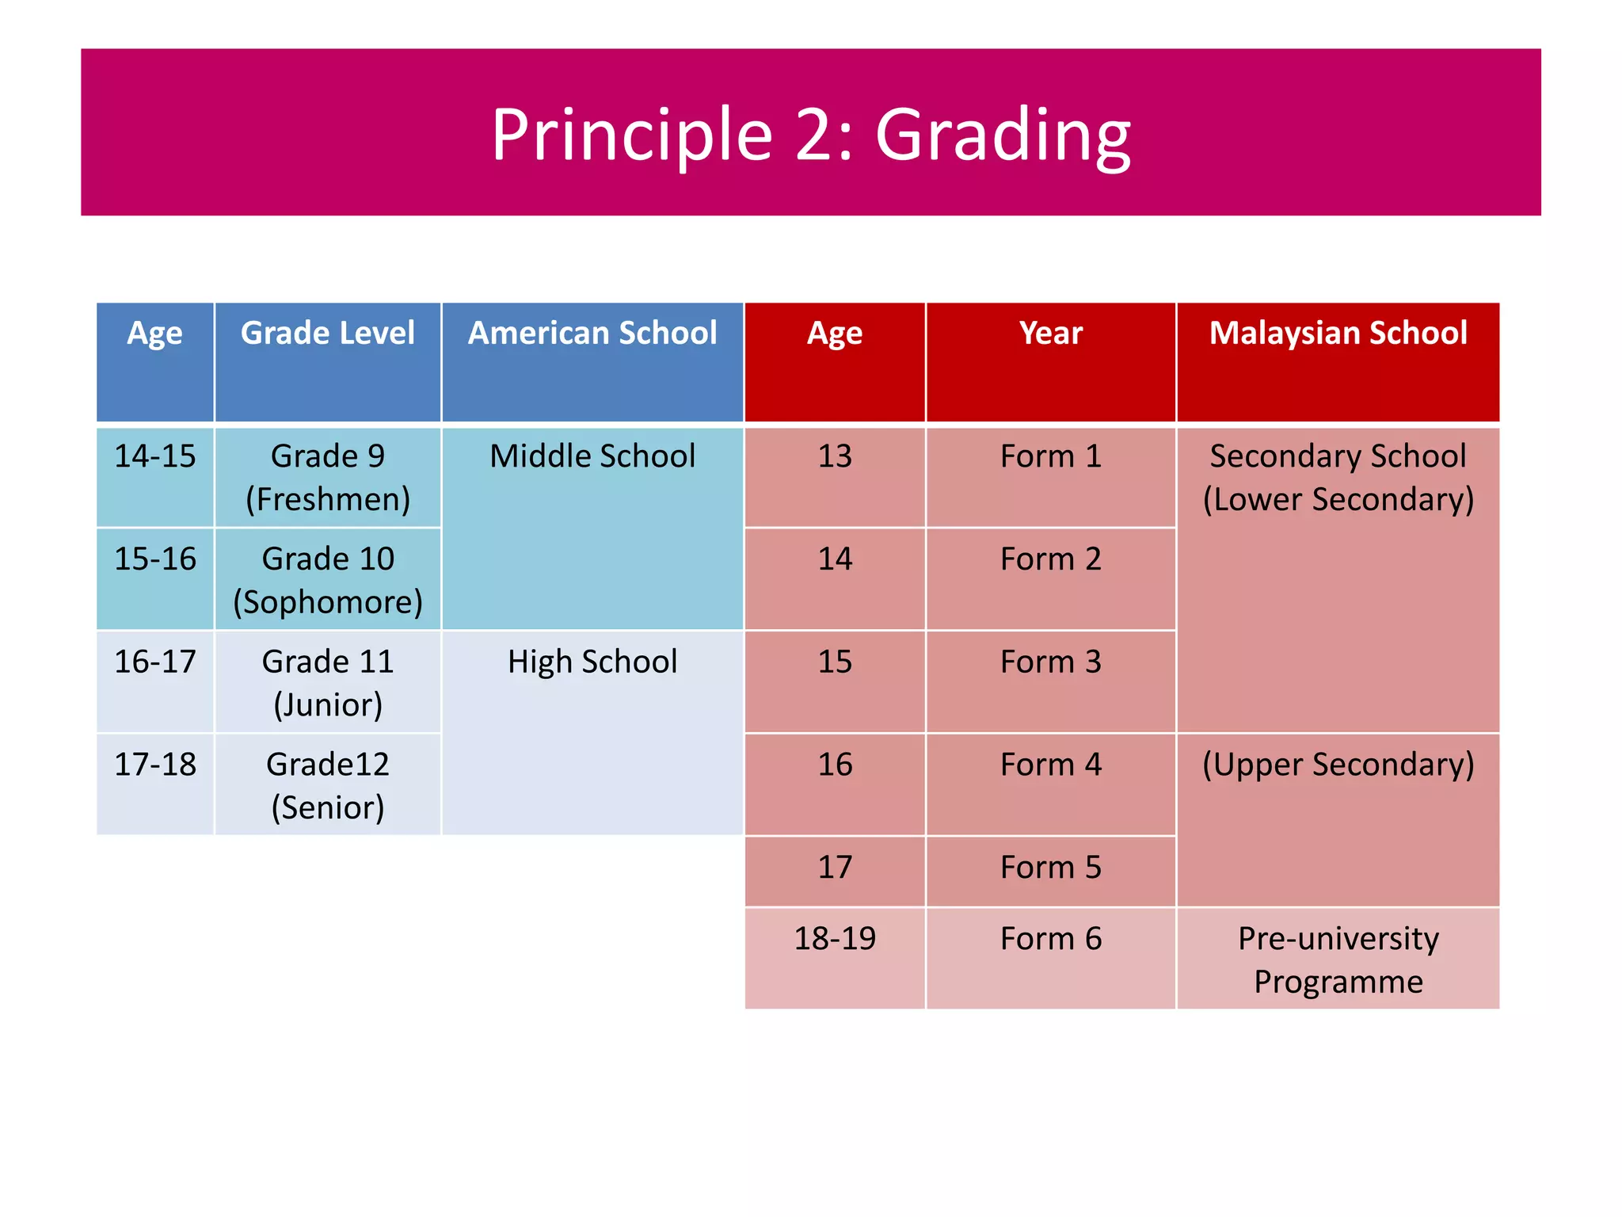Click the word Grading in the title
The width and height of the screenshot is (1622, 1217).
(x=1003, y=135)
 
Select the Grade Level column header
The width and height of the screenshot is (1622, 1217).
(x=327, y=334)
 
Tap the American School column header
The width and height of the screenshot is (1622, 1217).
(x=592, y=334)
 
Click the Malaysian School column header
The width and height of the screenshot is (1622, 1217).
(x=1338, y=334)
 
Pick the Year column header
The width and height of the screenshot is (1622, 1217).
(x=1050, y=334)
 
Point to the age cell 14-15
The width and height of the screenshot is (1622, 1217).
(x=155, y=456)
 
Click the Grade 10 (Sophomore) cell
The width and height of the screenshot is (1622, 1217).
(x=327, y=580)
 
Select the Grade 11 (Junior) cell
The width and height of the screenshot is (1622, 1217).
(x=327, y=682)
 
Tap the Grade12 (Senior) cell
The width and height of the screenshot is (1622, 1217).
(x=327, y=785)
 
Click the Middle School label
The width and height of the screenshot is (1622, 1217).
(x=592, y=456)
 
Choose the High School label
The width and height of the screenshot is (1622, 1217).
(x=592, y=662)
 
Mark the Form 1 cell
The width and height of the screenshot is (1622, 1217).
(x=1050, y=456)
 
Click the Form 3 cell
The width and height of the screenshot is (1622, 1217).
(x=1050, y=662)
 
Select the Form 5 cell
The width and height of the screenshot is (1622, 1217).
(x=1050, y=868)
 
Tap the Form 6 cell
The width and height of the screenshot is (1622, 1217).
(x=1050, y=939)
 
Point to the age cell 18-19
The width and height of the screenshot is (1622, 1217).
(x=835, y=939)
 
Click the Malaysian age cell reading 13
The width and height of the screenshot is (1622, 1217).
(x=835, y=456)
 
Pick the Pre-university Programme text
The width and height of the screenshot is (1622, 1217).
(x=1338, y=959)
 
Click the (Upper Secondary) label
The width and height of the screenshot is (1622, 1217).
(x=1338, y=765)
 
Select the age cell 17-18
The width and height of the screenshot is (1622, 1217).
(x=155, y=765)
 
